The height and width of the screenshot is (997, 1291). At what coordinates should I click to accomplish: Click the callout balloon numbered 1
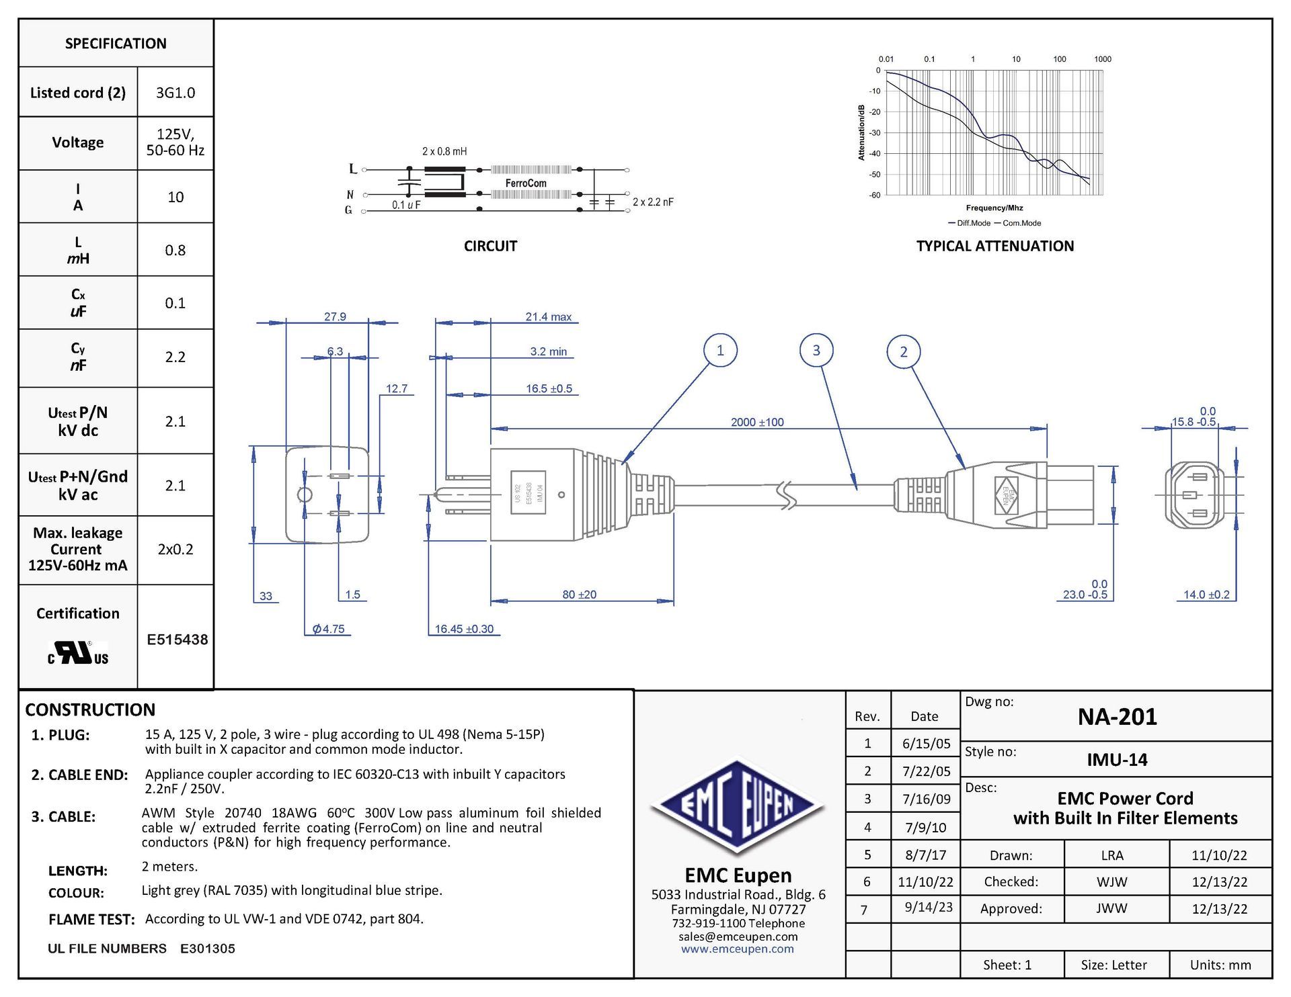[x=720, y=350]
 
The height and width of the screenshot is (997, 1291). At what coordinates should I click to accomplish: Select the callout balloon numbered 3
[x=816, y=350]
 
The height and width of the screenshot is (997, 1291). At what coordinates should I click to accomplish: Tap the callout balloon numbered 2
[x=904, y=351]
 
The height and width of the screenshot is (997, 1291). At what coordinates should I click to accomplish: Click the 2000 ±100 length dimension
[x=757, y=422]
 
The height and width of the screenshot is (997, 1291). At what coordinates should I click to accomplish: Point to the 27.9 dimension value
[x=335, y=316]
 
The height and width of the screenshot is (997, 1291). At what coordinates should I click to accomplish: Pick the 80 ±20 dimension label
[x=579, y=595]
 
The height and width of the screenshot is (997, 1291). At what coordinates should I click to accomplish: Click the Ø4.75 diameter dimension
[x=328, y=629]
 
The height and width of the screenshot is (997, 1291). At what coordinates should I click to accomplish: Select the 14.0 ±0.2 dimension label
[x=1206, y=595]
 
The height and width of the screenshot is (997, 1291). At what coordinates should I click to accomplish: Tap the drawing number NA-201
[x=1117, y=717]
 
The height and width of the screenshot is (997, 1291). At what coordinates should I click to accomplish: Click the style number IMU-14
[x=1117, y=760]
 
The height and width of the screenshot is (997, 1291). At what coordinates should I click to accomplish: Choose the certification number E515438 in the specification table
[x=177, y=640]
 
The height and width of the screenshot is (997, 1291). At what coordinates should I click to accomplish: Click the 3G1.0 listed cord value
[x=175, y=93]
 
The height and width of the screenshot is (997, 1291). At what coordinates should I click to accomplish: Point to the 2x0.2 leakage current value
[x=175, y=550]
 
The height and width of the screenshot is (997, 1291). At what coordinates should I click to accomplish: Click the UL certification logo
[x=78, y=652]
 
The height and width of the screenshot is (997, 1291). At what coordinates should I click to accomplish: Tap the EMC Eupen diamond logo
[x=738, y=805]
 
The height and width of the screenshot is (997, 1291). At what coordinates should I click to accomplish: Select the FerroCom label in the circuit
[x=526, y=183]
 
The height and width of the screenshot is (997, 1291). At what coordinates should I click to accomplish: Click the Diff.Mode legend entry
[x=969, y=223]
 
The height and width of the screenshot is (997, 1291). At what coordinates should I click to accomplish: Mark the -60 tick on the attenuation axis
[x=875, y=196]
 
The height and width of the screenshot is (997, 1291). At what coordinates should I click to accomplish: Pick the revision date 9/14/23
[x=928, y=907]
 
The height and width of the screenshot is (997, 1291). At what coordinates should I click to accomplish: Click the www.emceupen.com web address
[x=737, y=949]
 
